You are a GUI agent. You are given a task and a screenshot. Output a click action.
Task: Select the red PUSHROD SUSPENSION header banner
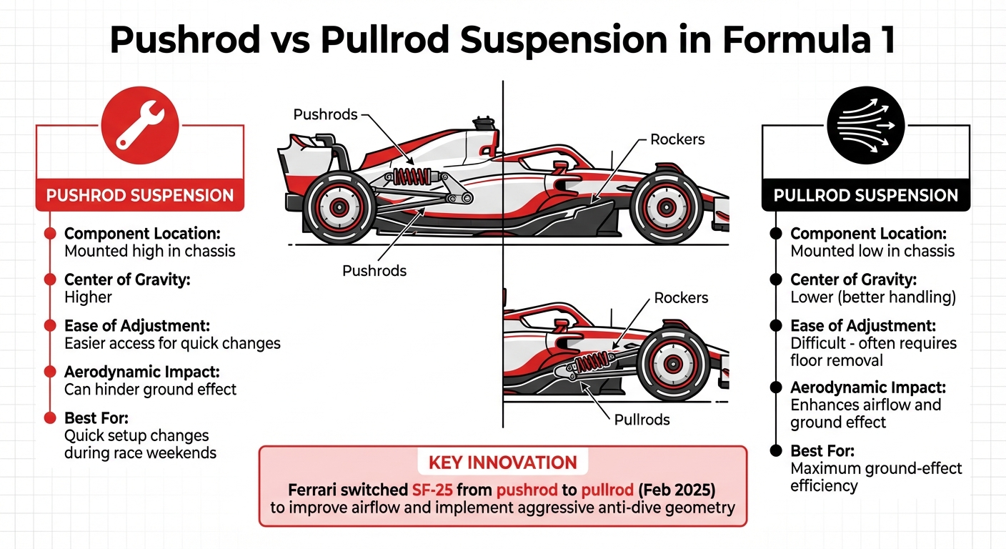click(140, 195)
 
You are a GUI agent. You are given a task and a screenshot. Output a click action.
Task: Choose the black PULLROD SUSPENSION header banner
click(865, 195)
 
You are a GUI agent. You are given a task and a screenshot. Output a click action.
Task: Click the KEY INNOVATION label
click(502, 463)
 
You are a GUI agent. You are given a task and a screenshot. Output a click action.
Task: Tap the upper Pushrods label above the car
click(325, 114)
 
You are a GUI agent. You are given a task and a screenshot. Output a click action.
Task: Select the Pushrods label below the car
click(374, 271)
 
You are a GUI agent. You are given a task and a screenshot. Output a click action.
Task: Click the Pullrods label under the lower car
click(642, 419)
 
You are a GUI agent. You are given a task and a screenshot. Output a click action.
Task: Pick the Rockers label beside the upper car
click(677, 139)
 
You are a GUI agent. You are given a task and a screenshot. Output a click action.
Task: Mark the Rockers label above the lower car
click(681, 298)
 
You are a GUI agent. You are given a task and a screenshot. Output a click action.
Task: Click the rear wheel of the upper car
click(338, 207)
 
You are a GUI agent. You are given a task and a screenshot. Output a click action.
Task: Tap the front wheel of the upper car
click(667, 207)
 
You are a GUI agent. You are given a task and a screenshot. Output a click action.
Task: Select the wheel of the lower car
click(672, 364)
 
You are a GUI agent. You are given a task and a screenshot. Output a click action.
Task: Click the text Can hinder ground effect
click(150, 390)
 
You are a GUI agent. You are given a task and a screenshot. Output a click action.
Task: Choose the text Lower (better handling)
click(872, 297)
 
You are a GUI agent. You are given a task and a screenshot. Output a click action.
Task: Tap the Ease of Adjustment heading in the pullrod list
click(868, 325)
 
